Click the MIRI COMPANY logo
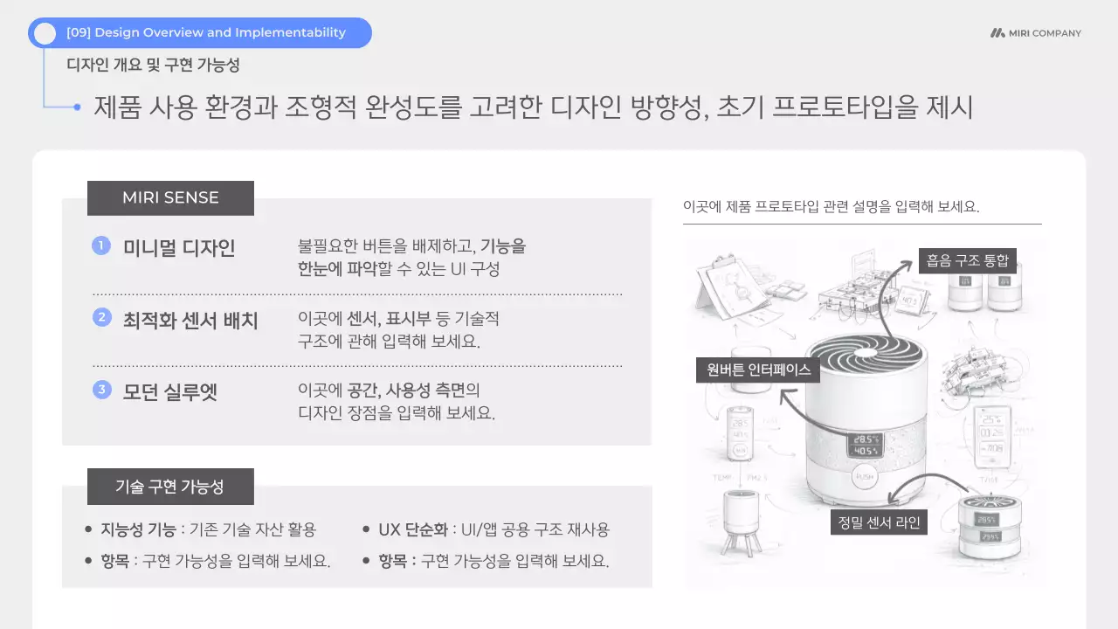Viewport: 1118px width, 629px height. [x=1036, y=33]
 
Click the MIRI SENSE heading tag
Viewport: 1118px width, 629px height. [x=170, y=197]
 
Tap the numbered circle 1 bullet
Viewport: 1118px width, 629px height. [x=101, y=246]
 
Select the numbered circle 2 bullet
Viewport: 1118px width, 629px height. [x=101, y=318]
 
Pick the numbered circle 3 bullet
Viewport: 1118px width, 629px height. [x=101, y=390]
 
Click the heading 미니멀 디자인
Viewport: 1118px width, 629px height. [x=179, y=248]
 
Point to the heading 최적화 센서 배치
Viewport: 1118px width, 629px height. [x=190, y=320]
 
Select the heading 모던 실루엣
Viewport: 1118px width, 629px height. [x=169, y=391]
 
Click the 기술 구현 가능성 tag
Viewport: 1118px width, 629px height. [x=170, y=487]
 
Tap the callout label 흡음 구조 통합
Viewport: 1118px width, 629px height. [x=967, y=259]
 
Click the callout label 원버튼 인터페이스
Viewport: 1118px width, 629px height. [x=757, y=370]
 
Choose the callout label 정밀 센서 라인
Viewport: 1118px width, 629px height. [x=878, y=522]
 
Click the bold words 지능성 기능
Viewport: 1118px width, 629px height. [x=138, y=529]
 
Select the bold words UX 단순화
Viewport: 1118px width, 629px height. [x=413, y=529]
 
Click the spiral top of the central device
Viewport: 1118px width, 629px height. [x=866, y=357]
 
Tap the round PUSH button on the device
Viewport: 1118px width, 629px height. [x=865, y=479]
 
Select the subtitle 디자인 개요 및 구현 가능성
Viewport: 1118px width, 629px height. [x=153, y=65]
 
